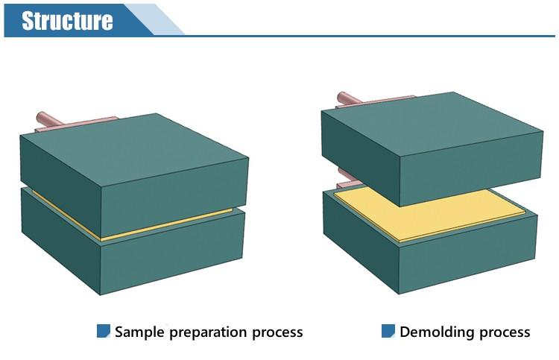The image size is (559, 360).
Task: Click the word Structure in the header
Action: click(x=67, y=21)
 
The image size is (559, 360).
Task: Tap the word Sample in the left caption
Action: click(x=139, y=332)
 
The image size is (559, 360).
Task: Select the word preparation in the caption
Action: click(x=208, y=332)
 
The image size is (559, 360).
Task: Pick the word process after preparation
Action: click(x=278, y=333)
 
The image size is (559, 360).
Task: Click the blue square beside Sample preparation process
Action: click(x=104, y=331)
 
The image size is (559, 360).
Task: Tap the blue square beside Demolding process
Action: click(x=388, y=331)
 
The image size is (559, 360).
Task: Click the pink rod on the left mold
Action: click(x=50, y=119)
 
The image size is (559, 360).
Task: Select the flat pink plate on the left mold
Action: click(x=76, y=124)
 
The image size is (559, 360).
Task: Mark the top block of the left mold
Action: click(x=134, y=174)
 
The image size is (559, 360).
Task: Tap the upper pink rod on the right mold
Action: click(x=349, y=98)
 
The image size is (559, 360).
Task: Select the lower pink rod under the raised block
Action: click(x=345, y=174)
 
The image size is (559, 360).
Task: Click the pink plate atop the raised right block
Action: click(x=374, y=102)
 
